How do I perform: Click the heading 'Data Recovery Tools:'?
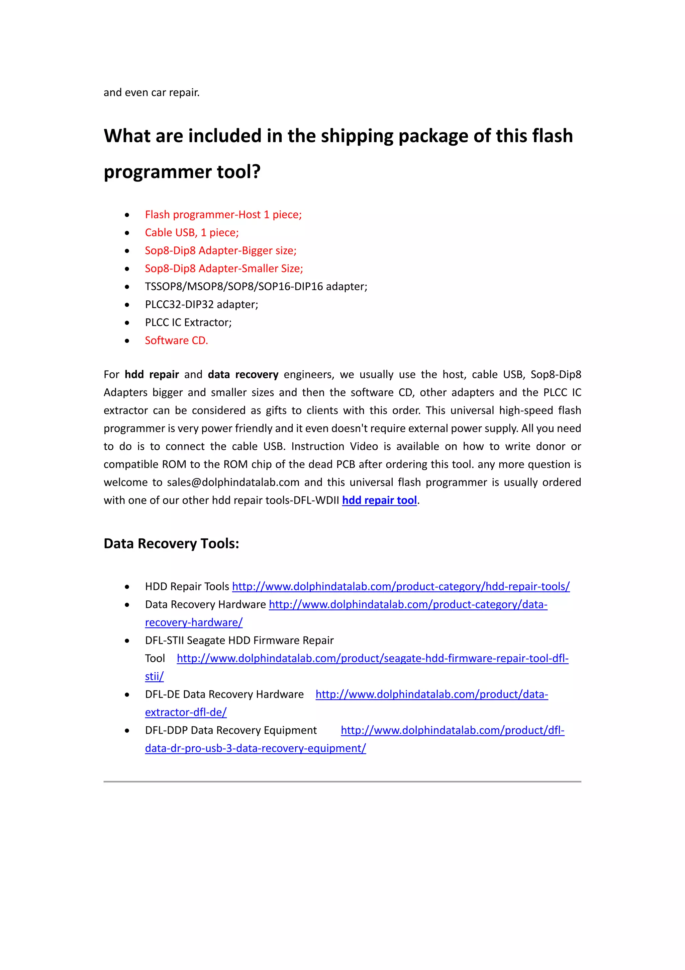[x=171, y=543]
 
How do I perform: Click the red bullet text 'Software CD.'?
[x=176, y=341]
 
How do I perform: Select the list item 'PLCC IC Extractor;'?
[x=188, y=322]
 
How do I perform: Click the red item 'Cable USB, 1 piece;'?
[x=192, y=233]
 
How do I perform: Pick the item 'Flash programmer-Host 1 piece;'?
[x=223, y=215]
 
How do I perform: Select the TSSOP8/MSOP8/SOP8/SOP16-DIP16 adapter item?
[x=256, y=286]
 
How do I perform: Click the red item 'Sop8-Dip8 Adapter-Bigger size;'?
[x=220, y=250]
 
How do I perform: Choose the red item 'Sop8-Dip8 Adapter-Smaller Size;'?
[x=224, y=269]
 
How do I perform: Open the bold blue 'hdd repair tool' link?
[x=379, y=500]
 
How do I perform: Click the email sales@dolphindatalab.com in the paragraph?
[x=233, y=482]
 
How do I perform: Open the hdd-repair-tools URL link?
[x=401, y=586]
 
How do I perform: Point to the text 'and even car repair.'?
[x=152, y=92]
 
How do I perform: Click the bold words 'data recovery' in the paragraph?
[x=243, y=375]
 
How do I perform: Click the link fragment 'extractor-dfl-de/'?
[x=186, y=712]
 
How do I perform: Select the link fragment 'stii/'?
[x=154, y=676]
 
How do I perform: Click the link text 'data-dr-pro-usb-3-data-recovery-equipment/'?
[x=255, y=748]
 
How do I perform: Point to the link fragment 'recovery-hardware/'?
[x=194, y=622]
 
